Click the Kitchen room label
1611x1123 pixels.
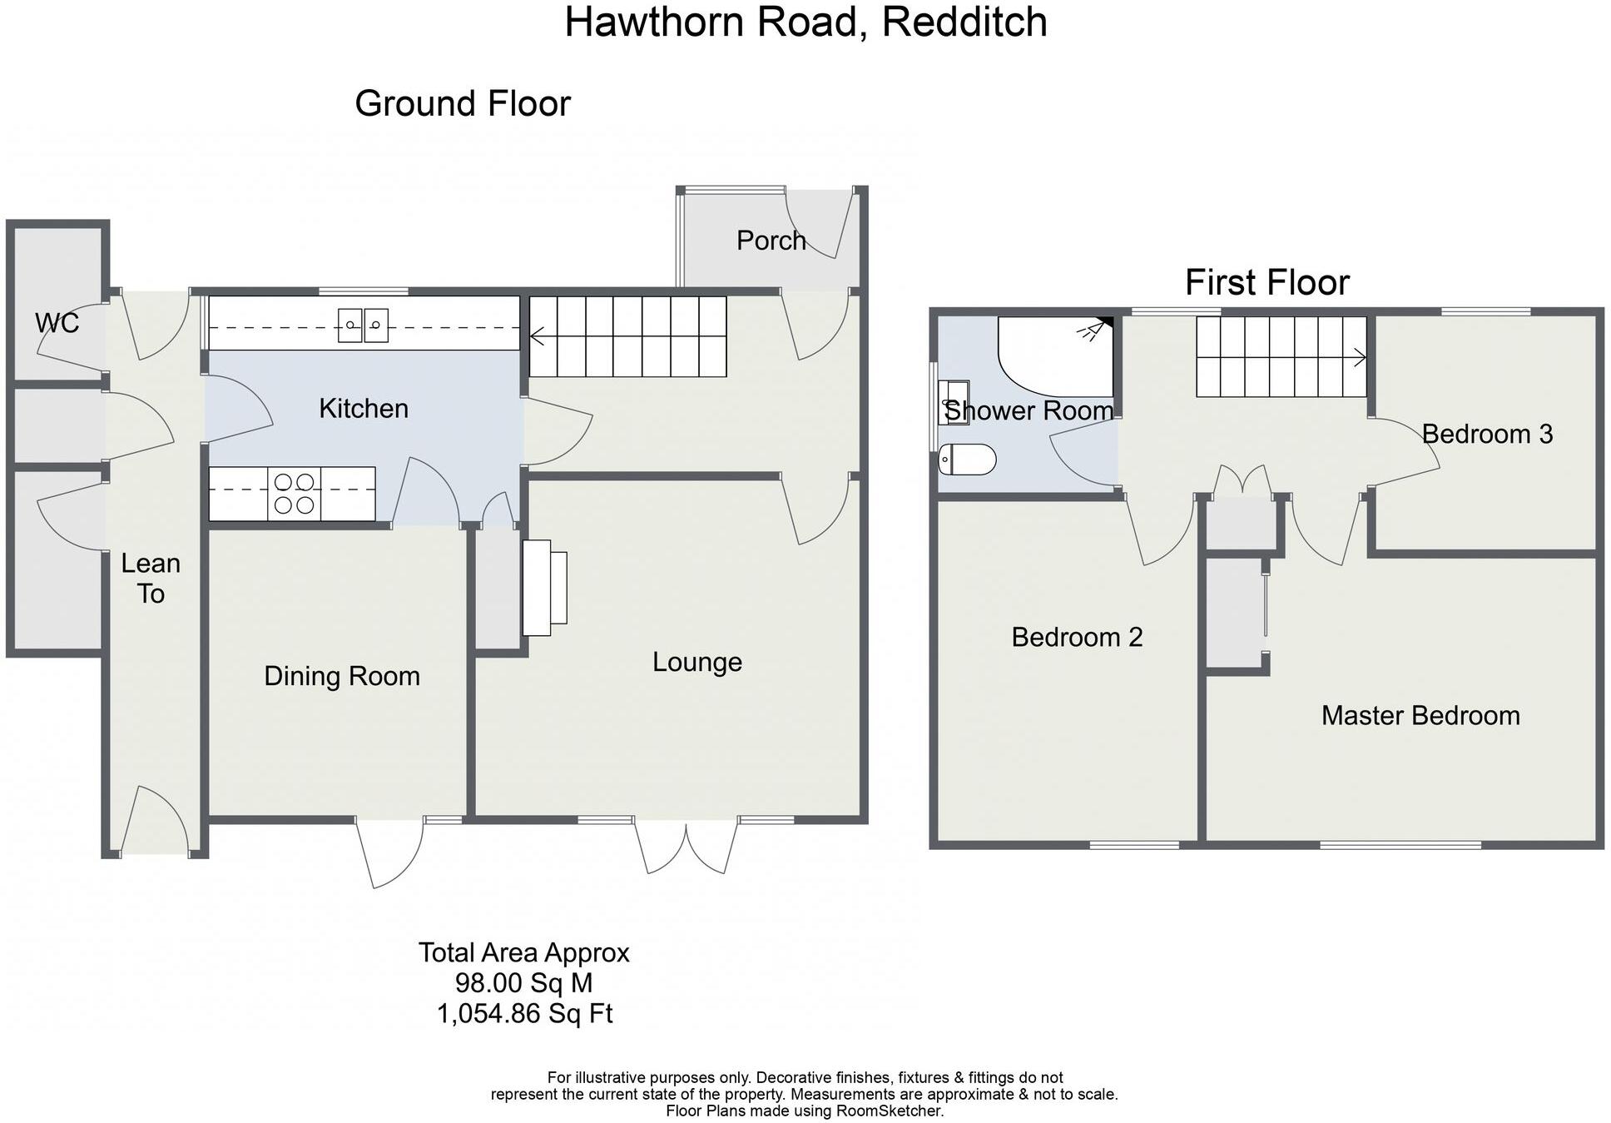(364, 409)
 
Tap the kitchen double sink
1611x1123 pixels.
(363, 325)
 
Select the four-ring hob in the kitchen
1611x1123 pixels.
(295, 494)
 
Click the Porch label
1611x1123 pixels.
(771, 241)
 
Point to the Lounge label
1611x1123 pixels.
(696, 663)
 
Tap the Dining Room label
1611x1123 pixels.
(341, 677)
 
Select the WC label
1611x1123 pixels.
(57, 323)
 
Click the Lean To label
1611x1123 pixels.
(151, 579)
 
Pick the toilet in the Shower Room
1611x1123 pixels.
(967, 460)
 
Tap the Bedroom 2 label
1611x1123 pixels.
(1077, 638)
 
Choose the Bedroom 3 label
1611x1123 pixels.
(1487, 435)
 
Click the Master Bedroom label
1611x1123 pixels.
(1420, 716)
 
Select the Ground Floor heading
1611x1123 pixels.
(463, 104)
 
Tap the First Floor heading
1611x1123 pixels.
(1266, 283)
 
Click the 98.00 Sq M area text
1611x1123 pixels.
(523, 983)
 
